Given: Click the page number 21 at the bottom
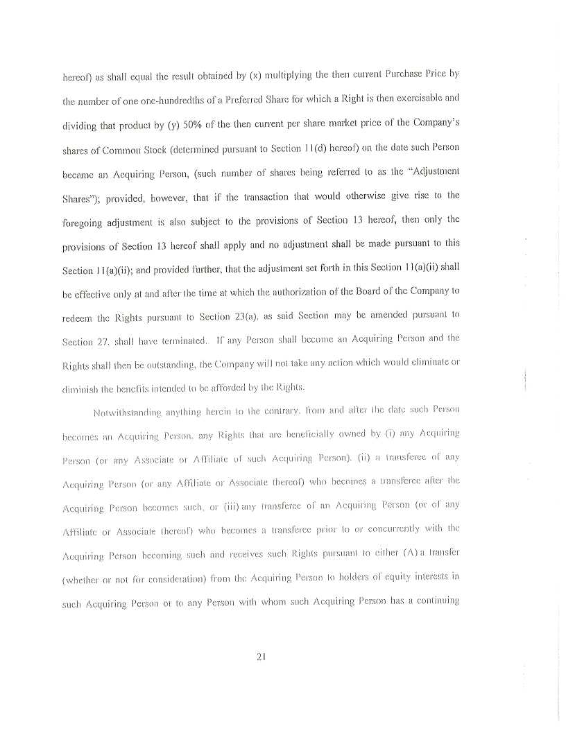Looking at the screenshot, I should [x=261, y=655].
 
